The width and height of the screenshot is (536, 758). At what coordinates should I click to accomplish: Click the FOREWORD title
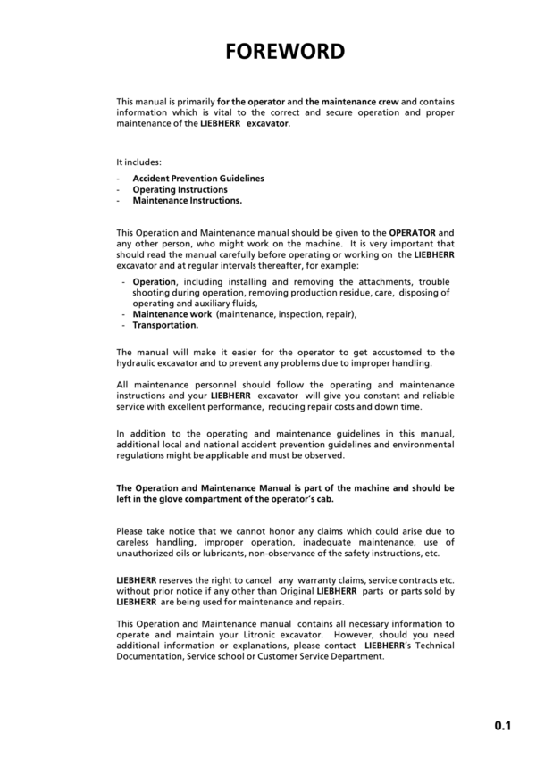284,51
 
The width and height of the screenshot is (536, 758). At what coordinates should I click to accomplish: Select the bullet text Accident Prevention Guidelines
198,179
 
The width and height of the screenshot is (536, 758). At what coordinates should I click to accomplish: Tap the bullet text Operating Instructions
180,189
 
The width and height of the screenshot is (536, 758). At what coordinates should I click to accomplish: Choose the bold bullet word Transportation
165,325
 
